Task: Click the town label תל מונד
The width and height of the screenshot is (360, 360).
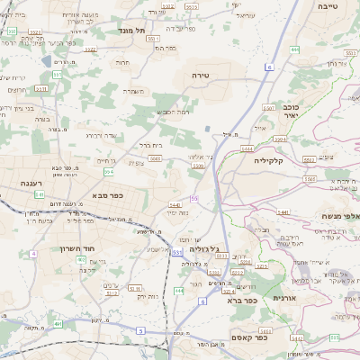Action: pyautogui.click(x=131, y=30)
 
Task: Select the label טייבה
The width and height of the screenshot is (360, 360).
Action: pyautogui.click(x=328, y=5)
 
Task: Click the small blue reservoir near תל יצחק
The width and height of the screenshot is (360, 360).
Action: pyautogui.click(x=46, y=61)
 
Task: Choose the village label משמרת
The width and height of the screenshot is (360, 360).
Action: pyautogui.click(x=134, y=90)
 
